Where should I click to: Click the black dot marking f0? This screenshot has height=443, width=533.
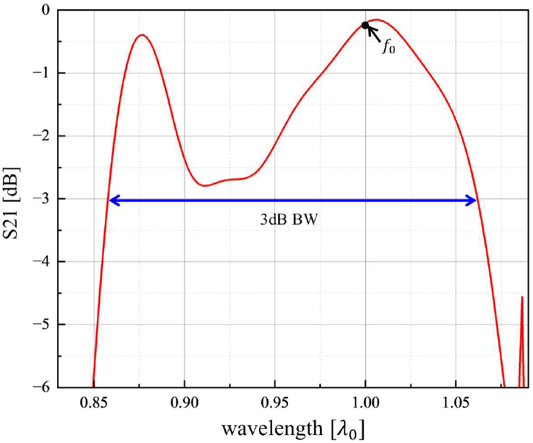tap(365, 25)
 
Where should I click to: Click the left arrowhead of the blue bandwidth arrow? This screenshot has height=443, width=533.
tap(112, 199)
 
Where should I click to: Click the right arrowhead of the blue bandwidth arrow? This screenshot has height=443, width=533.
tap(473, 199)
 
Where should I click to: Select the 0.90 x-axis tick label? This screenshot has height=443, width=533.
tap(184, 404)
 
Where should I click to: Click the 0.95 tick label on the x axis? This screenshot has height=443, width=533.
tap(275, 404)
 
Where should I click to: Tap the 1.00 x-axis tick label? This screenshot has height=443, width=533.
tap(365, 404)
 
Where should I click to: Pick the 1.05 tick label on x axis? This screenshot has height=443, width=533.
tap(456, 404)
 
